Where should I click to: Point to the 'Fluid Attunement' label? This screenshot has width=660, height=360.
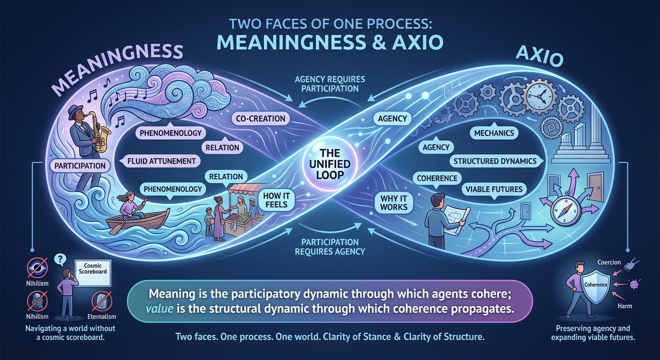(161, 161)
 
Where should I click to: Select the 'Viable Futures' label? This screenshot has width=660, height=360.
(494, 189)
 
